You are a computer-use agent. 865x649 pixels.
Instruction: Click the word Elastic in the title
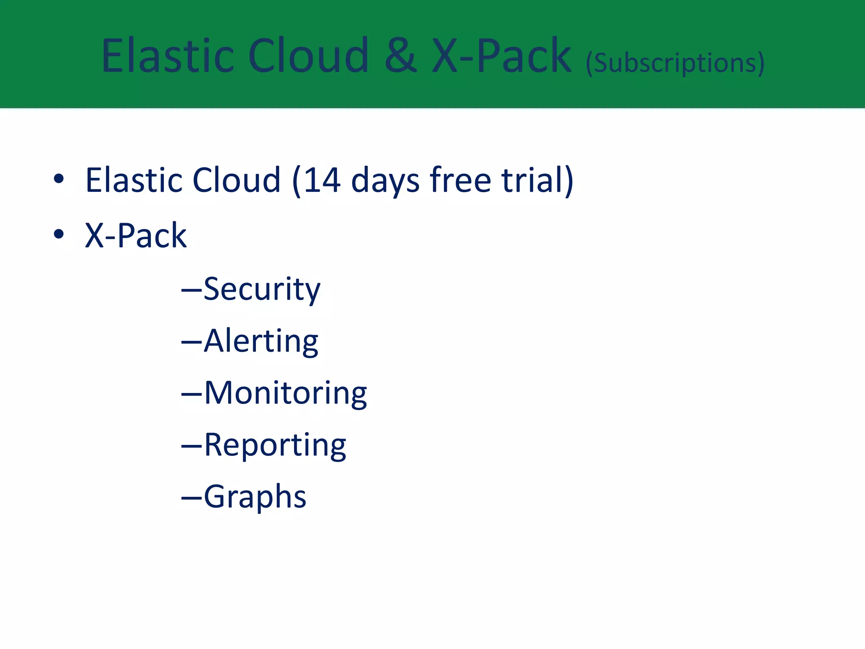pos(167,56)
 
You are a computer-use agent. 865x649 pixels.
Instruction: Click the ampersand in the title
pos(400,57)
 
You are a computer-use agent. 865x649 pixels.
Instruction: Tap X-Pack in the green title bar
pos(502,57)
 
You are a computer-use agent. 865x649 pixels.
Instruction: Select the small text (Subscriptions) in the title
pos(675,63)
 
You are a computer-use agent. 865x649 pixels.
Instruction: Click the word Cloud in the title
pos(308,56)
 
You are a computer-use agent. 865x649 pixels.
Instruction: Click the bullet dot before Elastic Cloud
pos(59,179)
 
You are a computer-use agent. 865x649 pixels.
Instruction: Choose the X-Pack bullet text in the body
pos(136,235)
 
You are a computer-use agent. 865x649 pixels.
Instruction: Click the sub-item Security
pos(262,290)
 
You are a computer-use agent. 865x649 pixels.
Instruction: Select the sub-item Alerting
pos(261,341)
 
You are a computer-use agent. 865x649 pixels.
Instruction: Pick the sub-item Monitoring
pos(286,393)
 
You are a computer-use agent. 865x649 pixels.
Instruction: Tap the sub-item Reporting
pos(275,445)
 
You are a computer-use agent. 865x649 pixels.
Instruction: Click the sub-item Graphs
pos(255,497)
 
